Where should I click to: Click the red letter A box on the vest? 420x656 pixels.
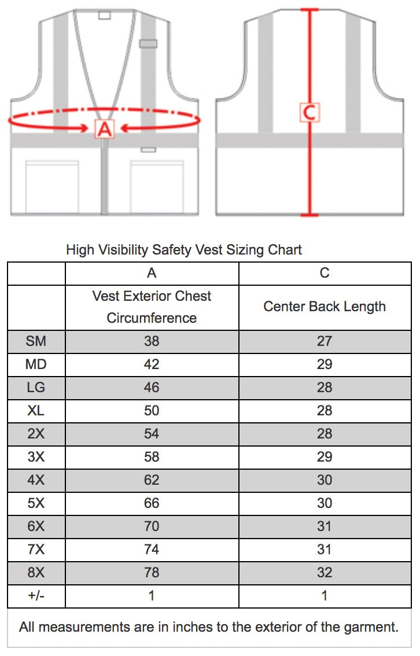click(104, 128)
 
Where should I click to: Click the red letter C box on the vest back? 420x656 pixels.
click(310, 112)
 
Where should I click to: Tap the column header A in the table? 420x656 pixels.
click(152, 272)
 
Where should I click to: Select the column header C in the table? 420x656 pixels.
click(325, 272)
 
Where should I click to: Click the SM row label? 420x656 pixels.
click(36, 341)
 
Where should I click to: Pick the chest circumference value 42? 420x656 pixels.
click(152, 364)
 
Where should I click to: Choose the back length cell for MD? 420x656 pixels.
click(325, 364)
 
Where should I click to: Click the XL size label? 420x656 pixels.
click(36, 411)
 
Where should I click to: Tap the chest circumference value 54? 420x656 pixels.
click(152, 434)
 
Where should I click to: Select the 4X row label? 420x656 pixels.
click(36, 480)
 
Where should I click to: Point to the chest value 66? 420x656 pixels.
click(152, 503)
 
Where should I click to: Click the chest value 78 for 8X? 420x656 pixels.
click(152, 573)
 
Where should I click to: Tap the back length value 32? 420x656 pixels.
click(325, 573)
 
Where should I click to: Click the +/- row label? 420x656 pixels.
click(36, 596)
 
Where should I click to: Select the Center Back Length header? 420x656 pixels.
click(325, 307)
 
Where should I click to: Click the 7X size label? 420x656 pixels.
click(36, 550)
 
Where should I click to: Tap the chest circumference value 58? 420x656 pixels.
click(152, 457)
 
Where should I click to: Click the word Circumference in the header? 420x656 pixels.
click(152, 318)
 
